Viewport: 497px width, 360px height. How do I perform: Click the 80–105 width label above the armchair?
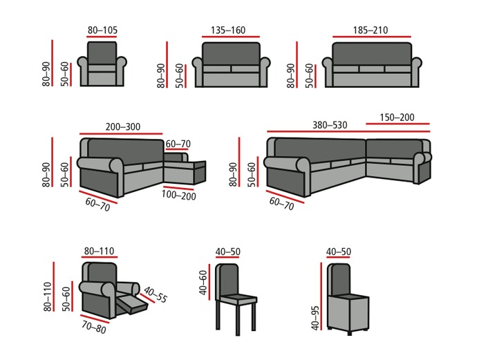tap(103, 30)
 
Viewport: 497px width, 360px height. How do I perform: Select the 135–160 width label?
tap(229, 30)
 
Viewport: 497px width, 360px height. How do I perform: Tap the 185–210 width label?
tap(371, 30)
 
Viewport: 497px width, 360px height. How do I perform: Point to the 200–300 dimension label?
tap(122, 128)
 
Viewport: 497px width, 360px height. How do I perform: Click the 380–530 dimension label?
tap(329, 125)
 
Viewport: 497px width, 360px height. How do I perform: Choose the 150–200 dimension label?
tap(397, 118)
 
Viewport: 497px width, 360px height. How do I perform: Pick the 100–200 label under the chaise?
tap(179, 196)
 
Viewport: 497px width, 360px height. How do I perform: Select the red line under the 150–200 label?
tap(397, 125)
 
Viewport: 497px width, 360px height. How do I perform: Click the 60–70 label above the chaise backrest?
tap(178, 144)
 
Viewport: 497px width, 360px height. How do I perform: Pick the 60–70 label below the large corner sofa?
tap(281, 202)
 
